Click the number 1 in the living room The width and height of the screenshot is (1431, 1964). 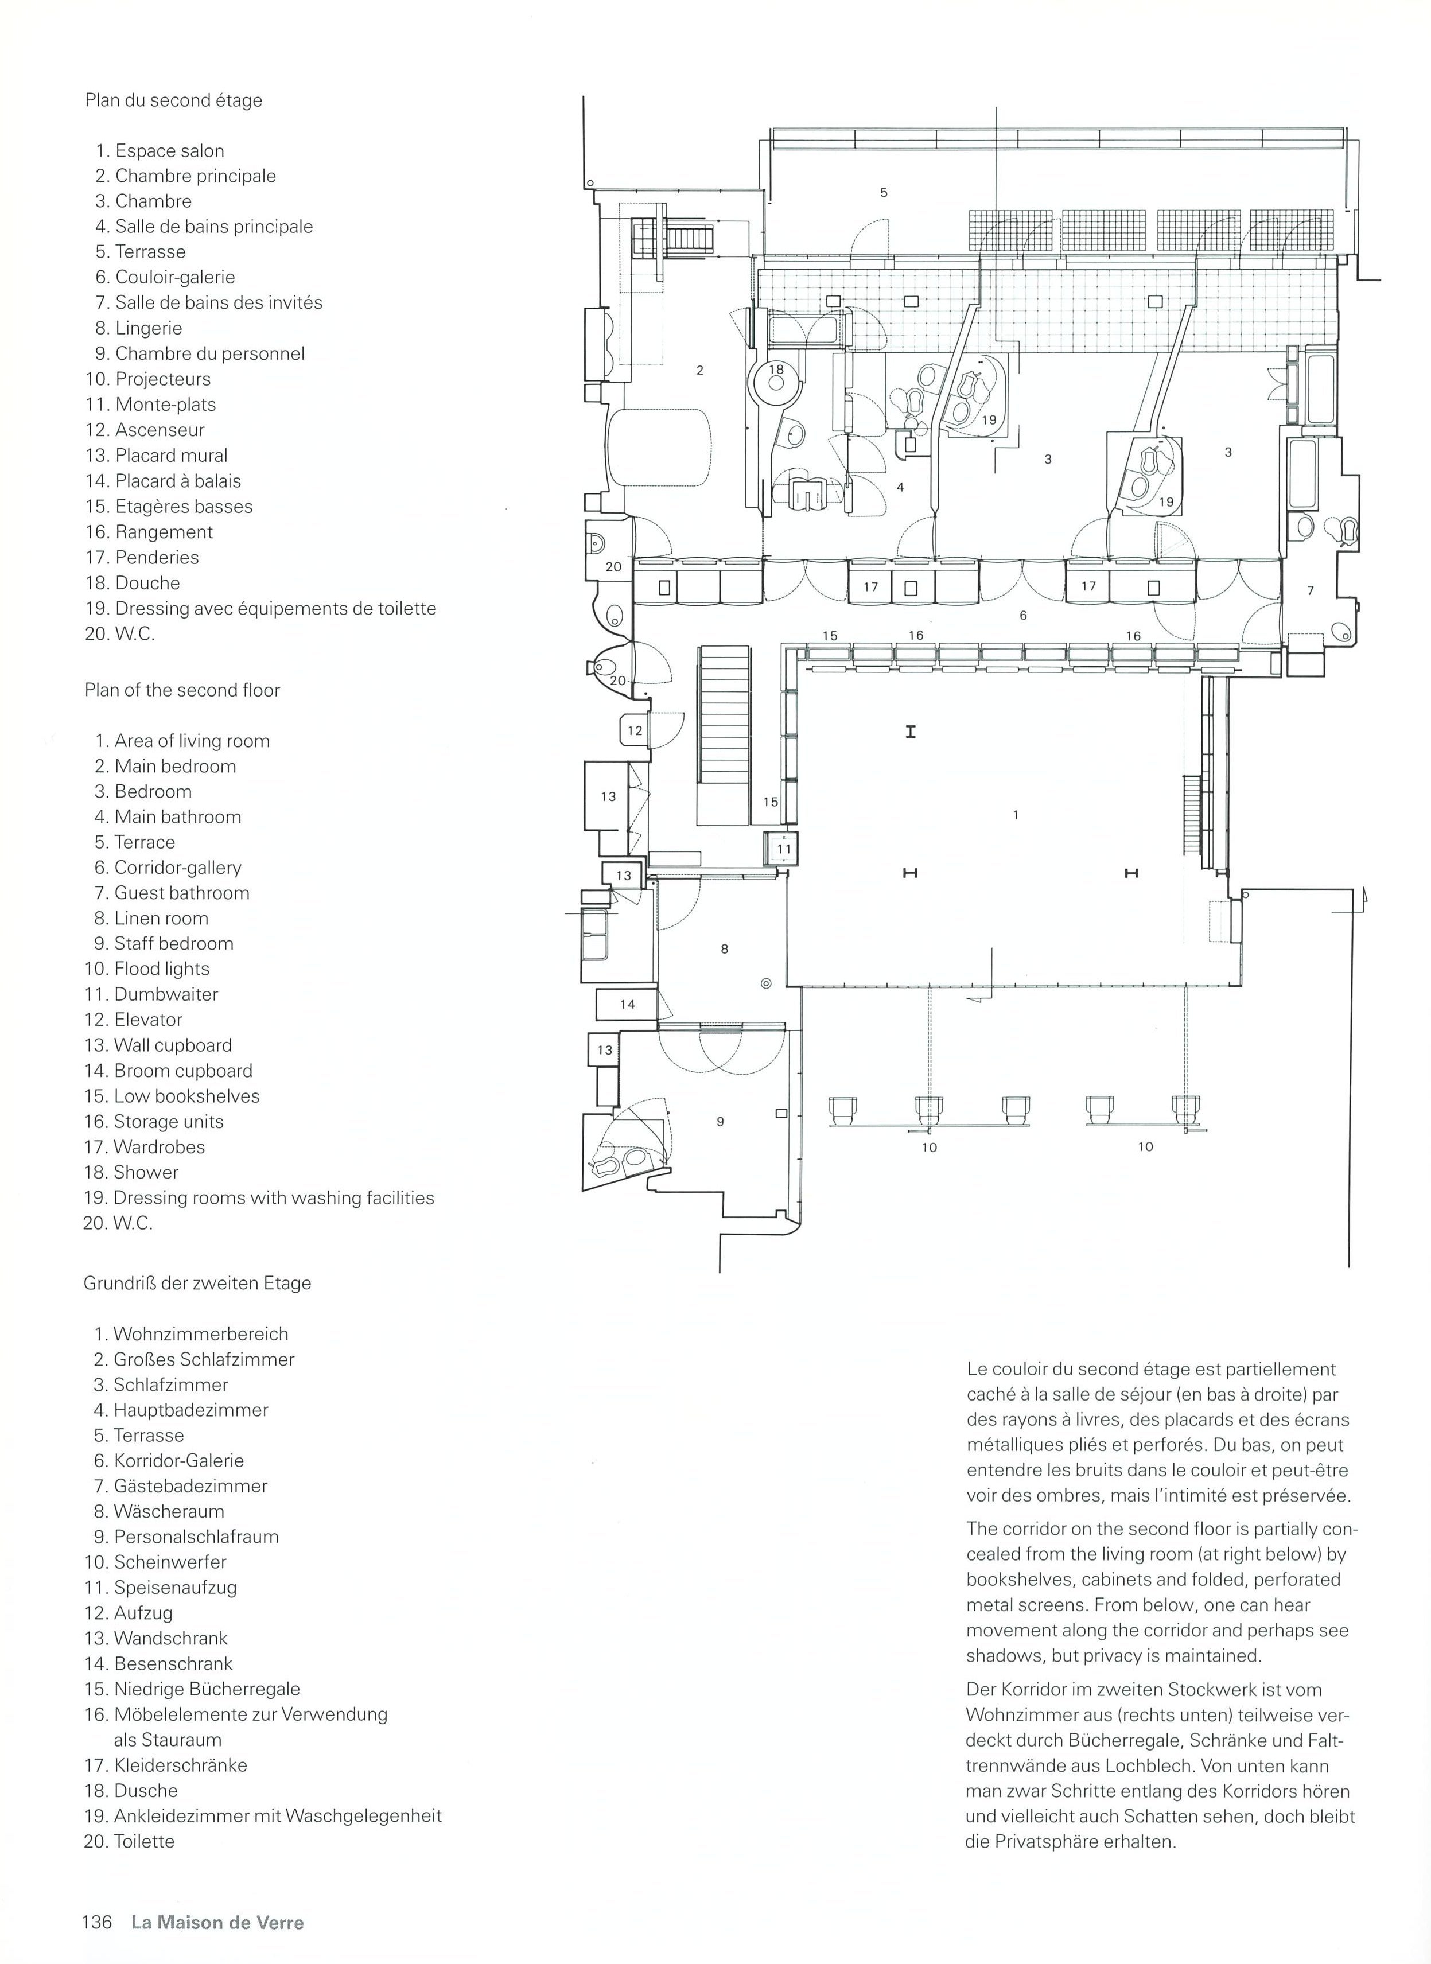[1015, 815]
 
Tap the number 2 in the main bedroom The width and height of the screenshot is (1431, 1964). [700, 370]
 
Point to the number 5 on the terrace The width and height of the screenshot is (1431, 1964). [884, 192]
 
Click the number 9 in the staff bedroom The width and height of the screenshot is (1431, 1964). [720, 1121]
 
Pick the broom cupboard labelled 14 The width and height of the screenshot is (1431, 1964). [627, 1005]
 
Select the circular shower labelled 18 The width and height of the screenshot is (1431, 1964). [775, 383]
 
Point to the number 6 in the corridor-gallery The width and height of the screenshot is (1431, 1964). [1024, 616]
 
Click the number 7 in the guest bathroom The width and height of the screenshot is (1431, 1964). [1311, 590]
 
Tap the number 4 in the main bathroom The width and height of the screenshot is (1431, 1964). [900, 488]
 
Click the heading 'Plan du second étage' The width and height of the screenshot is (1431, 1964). [173, 100]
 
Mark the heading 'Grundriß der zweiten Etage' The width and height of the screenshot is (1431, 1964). [197, 1284]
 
